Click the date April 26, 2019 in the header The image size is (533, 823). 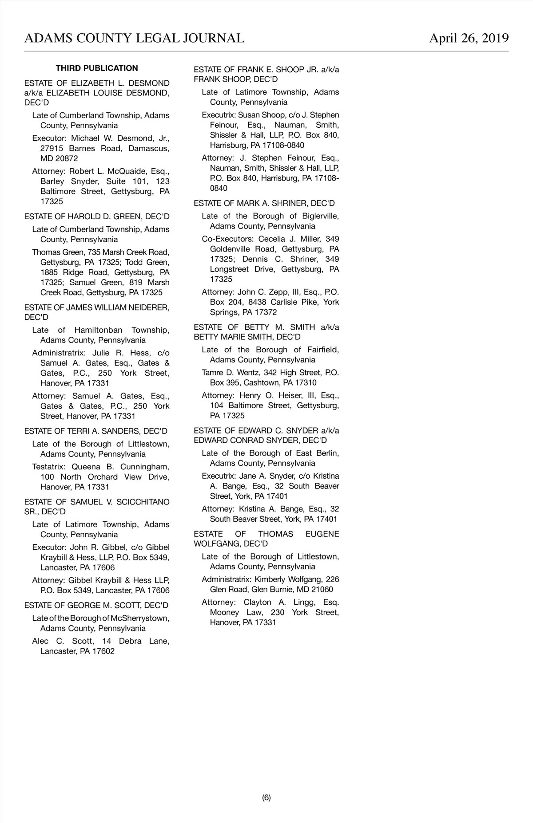coord(469,38)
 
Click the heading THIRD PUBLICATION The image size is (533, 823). coord(97,68)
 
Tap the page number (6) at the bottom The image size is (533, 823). coord(266,797)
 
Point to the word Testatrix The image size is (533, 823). coord(49,467)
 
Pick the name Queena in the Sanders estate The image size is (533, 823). coord(86,467)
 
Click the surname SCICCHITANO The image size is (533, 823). coord(143,502)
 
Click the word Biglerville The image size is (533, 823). coord(320,216)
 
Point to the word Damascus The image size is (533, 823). coord(149,148)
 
